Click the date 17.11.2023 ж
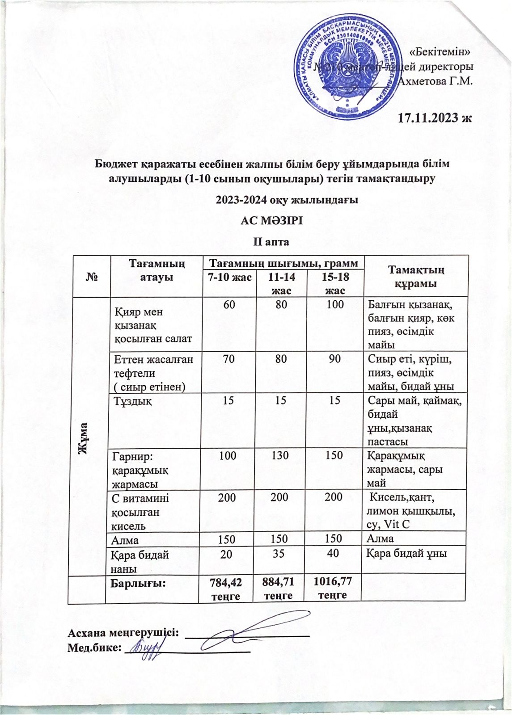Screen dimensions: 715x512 coord(435,118)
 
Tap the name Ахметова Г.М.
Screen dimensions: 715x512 coord(436,81)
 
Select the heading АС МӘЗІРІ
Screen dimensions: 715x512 coord(272,221)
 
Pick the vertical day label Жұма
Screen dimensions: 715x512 coord(84,438)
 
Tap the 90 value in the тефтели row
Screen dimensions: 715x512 coord(334,358)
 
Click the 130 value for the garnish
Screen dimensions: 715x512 coord(280,455)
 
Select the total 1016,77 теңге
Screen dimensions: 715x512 coord(333,588)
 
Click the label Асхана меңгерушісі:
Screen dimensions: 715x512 coord(123,632)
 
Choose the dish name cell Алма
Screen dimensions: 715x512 coord(125,539)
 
